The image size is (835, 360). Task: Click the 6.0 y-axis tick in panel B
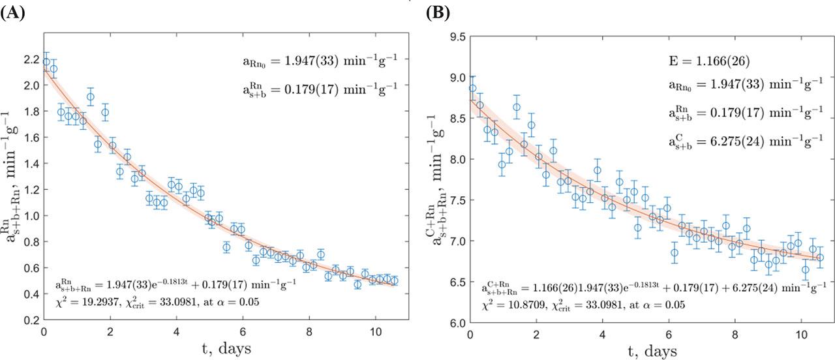click(x=457, y=323)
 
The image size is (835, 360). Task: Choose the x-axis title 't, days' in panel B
click(x=645, y=351)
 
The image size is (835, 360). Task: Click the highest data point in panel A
click(x=46, y=62)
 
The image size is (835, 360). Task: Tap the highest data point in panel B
click(x=472, y=88)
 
